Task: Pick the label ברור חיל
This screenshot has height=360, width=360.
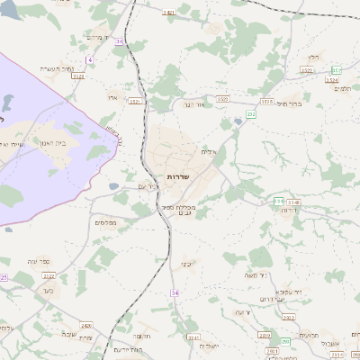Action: tap(287, 103)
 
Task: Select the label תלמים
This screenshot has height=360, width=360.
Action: tap(342, 88)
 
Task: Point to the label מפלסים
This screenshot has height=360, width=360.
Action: tap(104, 221)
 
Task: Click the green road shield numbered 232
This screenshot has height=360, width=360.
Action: tap(251, 115)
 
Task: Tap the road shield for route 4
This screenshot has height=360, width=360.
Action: tap(90, 59)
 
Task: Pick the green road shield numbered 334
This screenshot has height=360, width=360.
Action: tap(279, 202)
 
